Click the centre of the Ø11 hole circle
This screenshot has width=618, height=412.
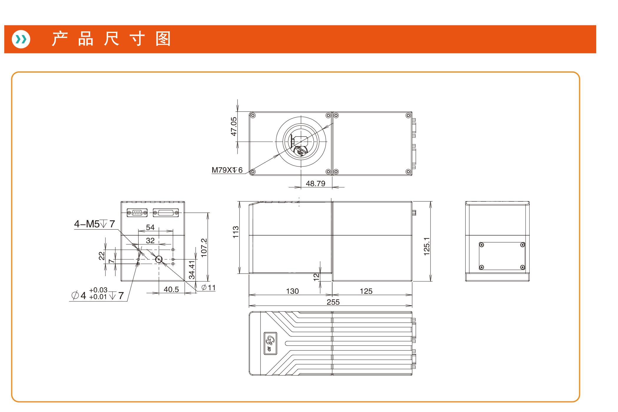(159, 259)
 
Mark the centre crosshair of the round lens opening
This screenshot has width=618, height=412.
(301, 142)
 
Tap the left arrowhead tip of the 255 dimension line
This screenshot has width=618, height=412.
(249, 306)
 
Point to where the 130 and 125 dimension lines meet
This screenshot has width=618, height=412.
(332, 295)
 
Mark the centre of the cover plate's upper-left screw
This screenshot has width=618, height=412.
(481, 245)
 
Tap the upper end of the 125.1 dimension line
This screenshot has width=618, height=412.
(431, 201)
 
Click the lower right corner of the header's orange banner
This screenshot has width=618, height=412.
(596, 53)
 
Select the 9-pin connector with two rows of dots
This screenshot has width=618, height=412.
(137, 213)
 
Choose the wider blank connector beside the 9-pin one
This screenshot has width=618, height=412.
(166, 213)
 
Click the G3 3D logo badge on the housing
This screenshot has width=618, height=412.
(270, 343)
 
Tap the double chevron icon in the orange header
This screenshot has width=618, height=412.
(21, 39)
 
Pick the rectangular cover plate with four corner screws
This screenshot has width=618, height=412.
(502, 256)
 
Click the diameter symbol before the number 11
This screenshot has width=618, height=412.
(204, 287)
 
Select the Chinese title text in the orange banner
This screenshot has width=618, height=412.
(111, 39)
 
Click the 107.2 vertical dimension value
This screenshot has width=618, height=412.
(204, 248)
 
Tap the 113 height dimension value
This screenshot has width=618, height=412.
(236, 232)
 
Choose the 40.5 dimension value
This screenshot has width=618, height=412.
(171, 289)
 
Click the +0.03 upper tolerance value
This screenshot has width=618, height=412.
(98, 290)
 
